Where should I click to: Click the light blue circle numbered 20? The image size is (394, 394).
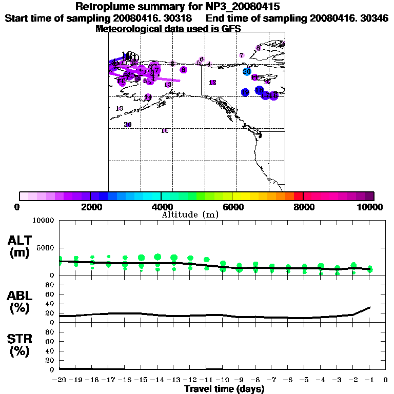click(x=247, y=71)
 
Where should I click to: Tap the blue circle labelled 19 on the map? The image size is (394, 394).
click(x=245, y=92)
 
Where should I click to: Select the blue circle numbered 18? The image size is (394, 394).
click(x=259, y=90)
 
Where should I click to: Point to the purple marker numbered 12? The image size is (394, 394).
click(x=212, y=83)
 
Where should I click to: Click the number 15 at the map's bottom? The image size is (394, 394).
click(x=165, y=131)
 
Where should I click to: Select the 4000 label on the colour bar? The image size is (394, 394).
click(x=161, y=207)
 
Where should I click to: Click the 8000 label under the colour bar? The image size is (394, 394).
click(x=303, y=207)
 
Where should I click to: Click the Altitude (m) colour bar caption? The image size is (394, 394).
click(x=190, y=214)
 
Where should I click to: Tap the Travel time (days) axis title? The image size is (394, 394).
click(x=224, y=389)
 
